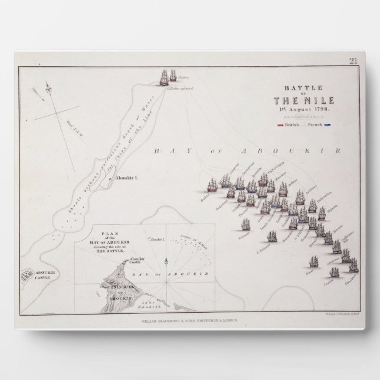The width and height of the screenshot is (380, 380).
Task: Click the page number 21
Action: point(353,60)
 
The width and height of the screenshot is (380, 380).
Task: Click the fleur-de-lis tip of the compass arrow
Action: point(37,91)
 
